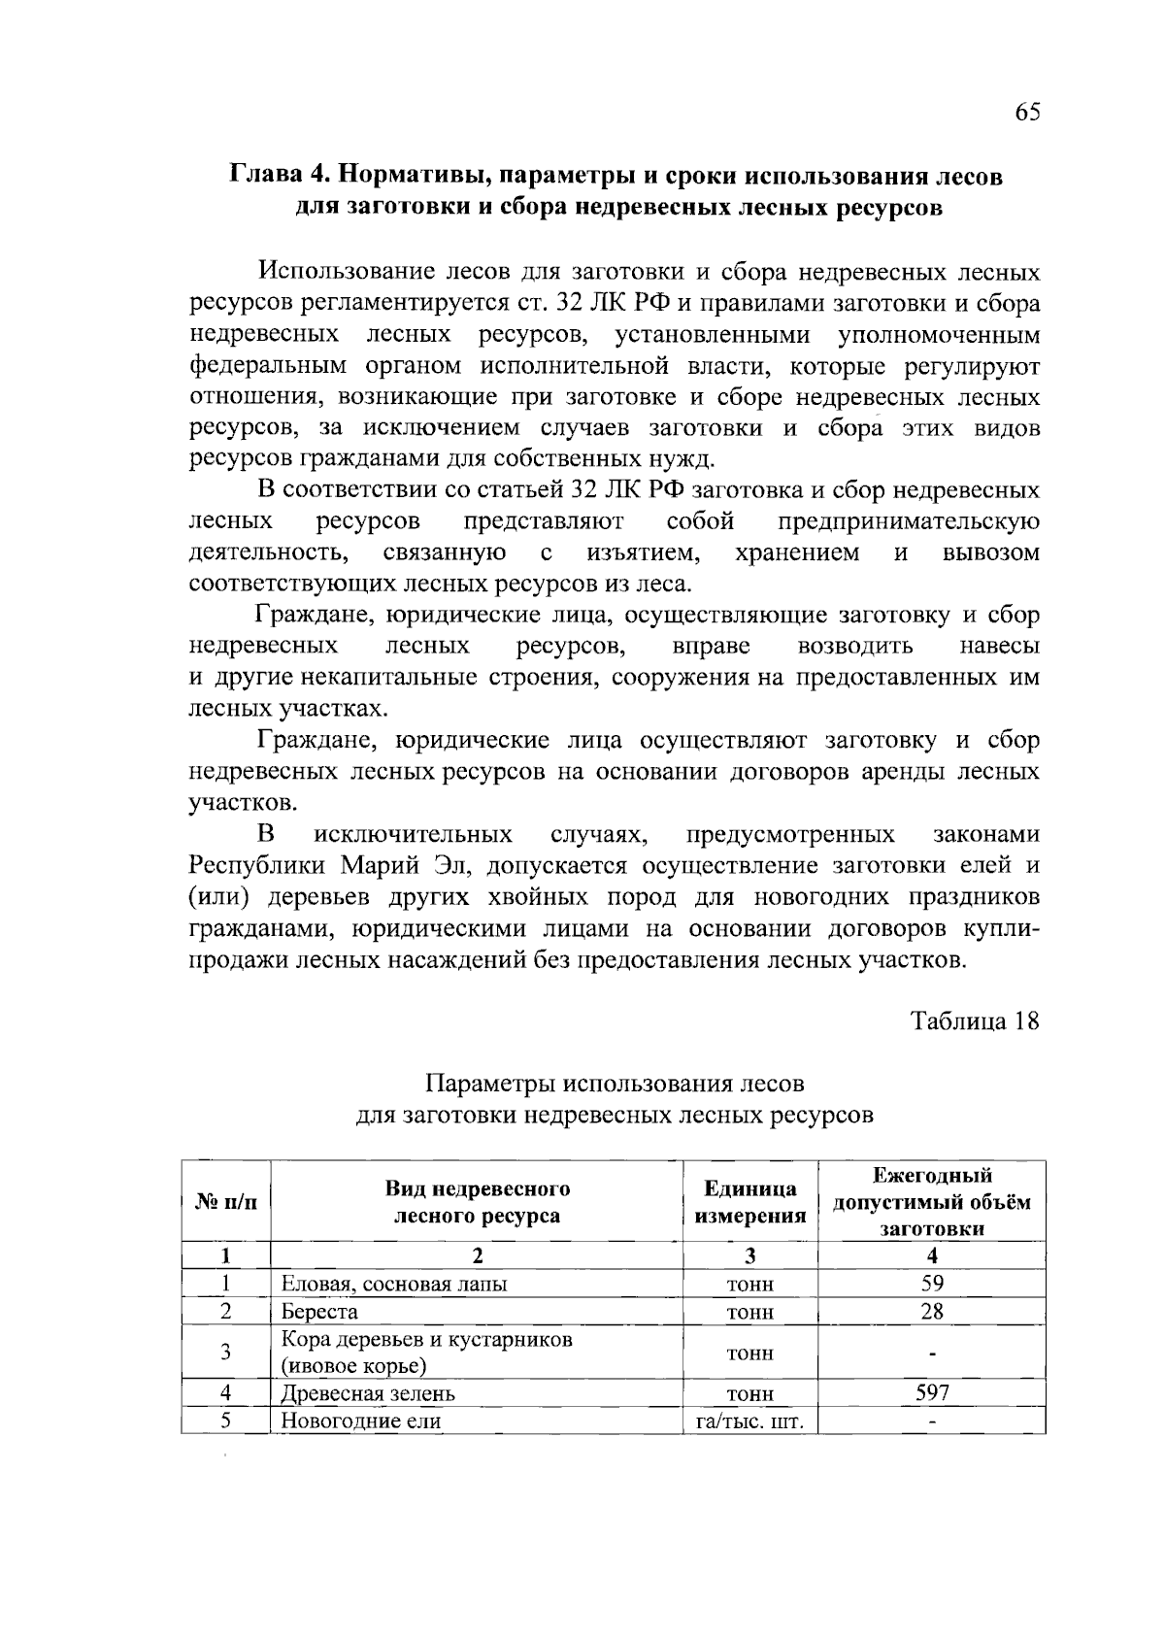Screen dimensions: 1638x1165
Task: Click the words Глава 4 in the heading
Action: [276, 177]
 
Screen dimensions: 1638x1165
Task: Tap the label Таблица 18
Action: [975, 1020]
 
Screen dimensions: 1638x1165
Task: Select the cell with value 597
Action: [932, 1393]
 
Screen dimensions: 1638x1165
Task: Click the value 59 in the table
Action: [932, 1284]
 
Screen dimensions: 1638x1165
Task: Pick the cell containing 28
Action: [932, 1312]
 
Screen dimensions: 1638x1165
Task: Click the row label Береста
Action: [319, 1312]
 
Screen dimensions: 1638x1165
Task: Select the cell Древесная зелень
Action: [368, 1393]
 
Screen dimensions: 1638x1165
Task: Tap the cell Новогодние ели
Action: [361, 1421]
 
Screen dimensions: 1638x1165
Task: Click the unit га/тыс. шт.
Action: [750, 1421]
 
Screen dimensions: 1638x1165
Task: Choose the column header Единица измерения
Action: [750, 1202]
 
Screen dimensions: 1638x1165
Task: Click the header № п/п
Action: [226, 1202]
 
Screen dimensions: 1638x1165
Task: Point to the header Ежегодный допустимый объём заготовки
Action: [932, 1202]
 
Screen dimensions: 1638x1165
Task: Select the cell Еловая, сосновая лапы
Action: [393, 1284]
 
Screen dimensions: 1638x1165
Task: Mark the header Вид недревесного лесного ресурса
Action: [477, 1202]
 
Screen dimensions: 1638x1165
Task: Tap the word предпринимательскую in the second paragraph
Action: [909, 521]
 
